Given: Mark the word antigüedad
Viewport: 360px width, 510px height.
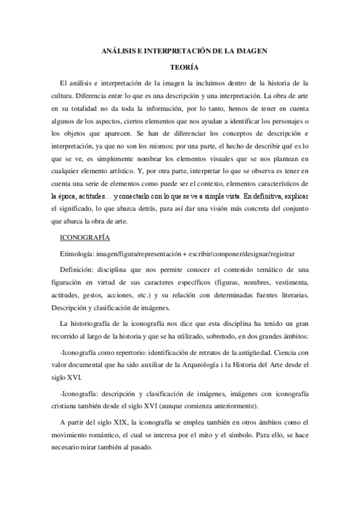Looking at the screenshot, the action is pyautogui.click(x=258, y=350).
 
